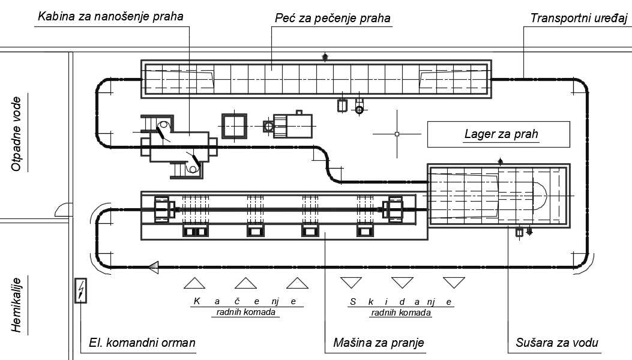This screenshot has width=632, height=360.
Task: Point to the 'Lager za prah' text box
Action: click(498, 134)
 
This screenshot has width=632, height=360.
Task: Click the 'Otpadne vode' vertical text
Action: click(17, 133)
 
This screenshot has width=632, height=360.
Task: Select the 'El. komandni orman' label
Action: click(139, 343)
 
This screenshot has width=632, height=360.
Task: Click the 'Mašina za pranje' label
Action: click(378, 343)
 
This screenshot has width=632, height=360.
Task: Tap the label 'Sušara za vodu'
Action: click(557, 343)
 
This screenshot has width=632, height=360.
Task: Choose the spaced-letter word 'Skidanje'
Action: click(400, 301)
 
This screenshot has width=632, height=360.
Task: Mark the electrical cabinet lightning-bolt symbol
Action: click(80, 292)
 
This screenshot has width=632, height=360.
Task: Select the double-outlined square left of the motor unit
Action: click(235, 126)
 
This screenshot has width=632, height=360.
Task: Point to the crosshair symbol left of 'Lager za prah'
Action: click(396, 133)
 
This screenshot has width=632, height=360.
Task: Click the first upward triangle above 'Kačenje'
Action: click(194, 283)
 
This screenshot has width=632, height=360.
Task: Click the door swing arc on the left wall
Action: click(63, 209)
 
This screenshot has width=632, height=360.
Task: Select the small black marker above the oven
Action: click(325, 57)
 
